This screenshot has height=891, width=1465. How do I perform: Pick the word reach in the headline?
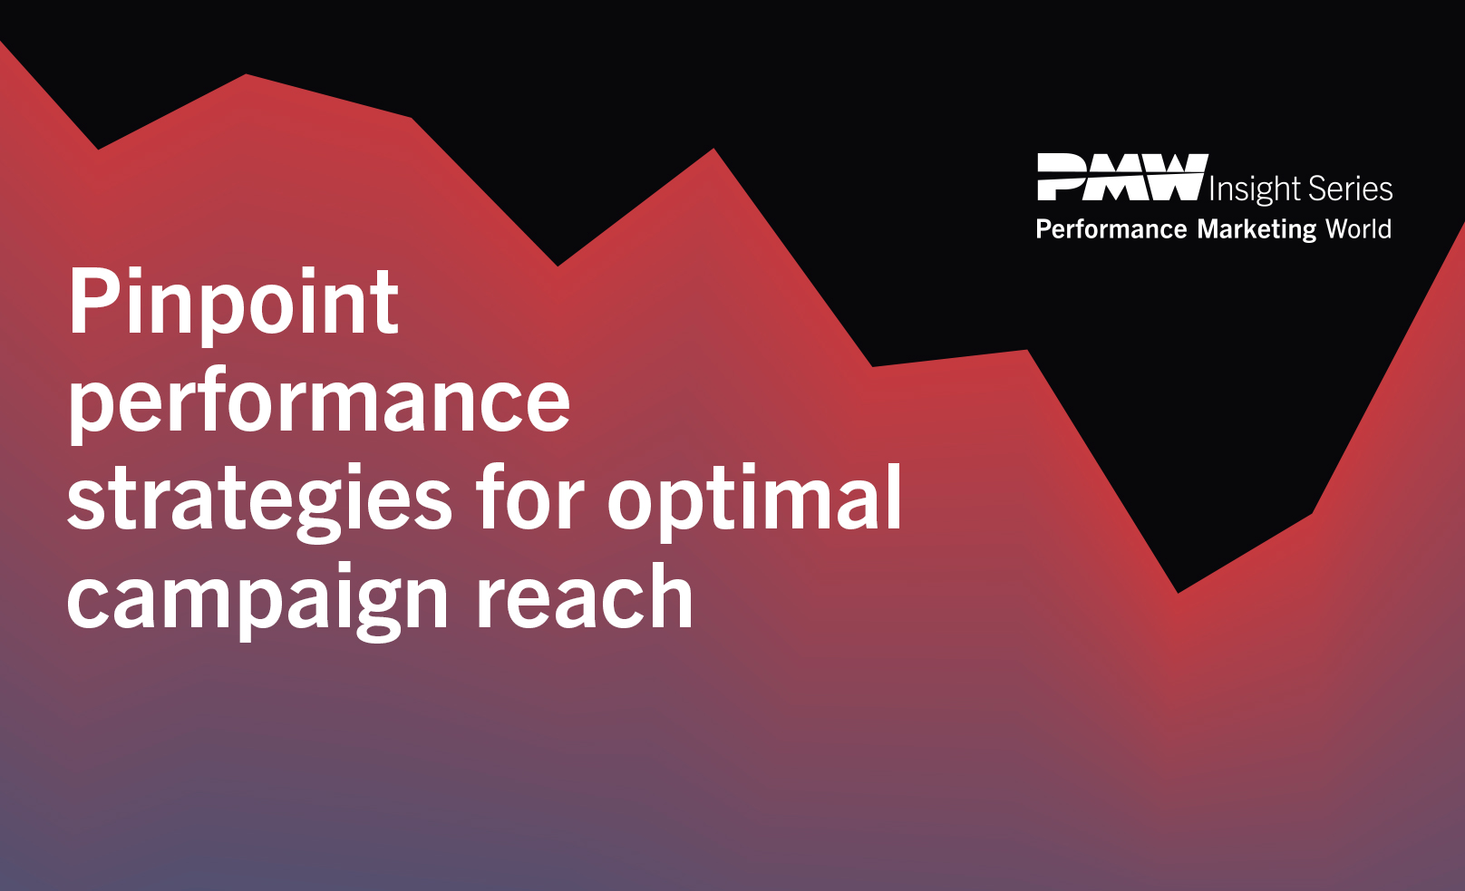pos(585,596)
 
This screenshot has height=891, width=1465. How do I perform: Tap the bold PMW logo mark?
pos(1122,177)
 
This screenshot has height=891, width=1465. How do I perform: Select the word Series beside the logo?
pos(1350,189)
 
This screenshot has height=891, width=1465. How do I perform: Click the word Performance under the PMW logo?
pos(1111,229)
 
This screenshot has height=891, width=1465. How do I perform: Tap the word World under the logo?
pos(1358,228)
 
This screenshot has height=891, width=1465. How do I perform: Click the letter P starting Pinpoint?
pos(92,301)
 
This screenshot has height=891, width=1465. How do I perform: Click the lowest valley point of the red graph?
pos(1179,592)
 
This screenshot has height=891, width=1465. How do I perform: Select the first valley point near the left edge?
pos(98,149)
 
